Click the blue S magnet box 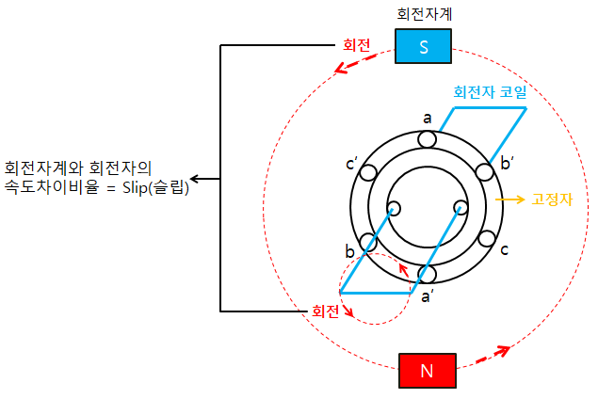click(423, 46)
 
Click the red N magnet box click(427, 370)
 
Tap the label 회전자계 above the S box click(423, 14)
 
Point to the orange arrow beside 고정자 click(510, 200)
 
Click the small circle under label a click(428, 139)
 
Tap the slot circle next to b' click(485, 173)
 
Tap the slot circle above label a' click(428, 274)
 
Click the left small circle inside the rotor click(394, 208)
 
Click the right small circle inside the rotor click(461, 208)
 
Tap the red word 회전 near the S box click(356, 44)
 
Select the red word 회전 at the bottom click(325, 310)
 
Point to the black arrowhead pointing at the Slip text click(193, 178)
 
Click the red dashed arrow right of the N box click(492, 356)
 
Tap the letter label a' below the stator click(427, 296)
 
